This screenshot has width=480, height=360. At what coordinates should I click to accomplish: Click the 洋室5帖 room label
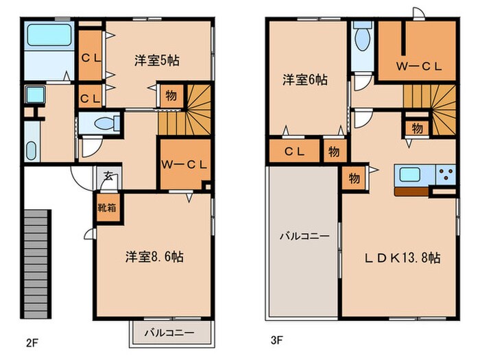157,60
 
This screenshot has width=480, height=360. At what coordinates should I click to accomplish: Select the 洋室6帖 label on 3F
305,80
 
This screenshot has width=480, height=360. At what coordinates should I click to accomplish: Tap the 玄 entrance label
108,176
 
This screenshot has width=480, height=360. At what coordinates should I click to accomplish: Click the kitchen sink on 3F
410,174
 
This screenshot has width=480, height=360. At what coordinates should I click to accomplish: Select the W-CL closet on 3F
418,67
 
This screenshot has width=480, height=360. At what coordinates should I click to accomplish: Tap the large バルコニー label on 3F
304,236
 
